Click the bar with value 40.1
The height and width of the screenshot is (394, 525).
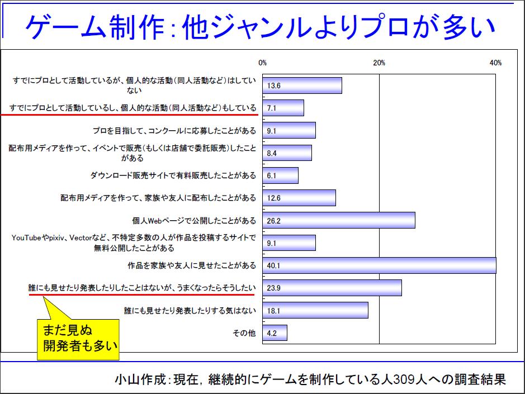[379, 265]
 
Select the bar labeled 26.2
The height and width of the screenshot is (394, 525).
[338, 220]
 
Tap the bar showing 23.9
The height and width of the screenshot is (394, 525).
[332, 287]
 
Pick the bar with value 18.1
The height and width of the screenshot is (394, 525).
[315, 310]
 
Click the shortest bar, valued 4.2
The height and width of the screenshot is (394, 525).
[275, 333]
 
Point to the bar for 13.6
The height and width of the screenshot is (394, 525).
[302, 86]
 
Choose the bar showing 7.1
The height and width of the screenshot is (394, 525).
[283, 108]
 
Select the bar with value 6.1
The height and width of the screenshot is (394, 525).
[280, 175]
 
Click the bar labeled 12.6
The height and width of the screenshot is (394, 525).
[299, 198]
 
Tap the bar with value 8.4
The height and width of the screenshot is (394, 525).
[287, 153]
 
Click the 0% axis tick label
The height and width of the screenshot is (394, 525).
[262, 63]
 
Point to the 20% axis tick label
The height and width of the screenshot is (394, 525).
[379, 63]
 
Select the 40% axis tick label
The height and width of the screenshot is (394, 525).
[495, 63]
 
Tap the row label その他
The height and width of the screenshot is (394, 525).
[244, 333]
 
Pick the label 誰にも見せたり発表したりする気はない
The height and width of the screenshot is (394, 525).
[190, 310]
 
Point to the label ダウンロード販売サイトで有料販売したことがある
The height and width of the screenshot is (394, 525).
[173, 175]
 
